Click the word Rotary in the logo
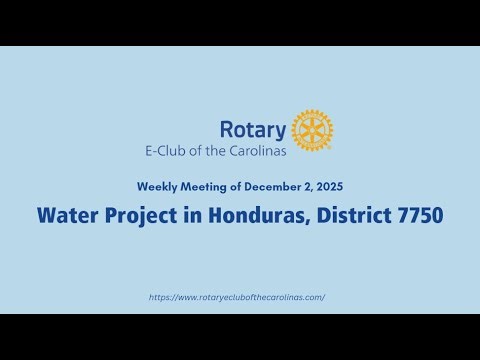click(x=253, y=130)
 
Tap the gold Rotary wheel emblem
click(x=312, y=130)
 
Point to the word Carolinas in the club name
click(x=256, y=151)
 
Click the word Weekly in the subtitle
click(x=158, y=187)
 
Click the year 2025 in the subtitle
click(x=328, y=187)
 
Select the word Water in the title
click(x=64, y=215)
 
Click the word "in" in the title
click(x=187, y=215)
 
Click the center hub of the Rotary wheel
click(x=312, y=130)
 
